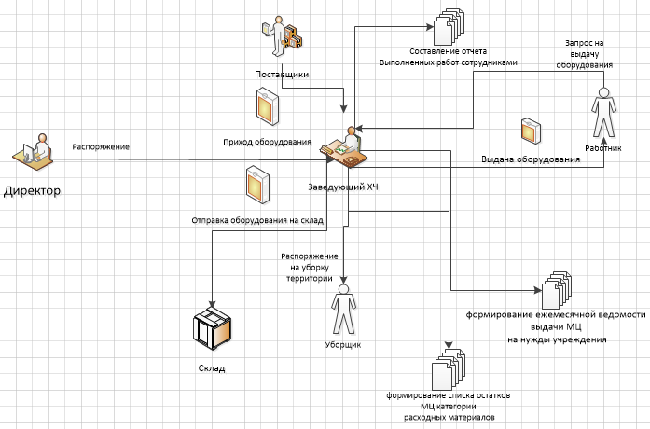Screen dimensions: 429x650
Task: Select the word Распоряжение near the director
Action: click(101, 146)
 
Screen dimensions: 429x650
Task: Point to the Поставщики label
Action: click(282, 73)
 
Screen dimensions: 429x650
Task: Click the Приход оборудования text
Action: click(267, 142)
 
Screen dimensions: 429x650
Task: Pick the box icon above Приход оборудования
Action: click(269, 106)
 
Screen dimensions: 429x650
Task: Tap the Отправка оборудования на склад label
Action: click(256, 221)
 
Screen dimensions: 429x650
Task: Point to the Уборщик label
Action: click(344, 344)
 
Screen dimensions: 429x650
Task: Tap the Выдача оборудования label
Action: click(530, 159)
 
